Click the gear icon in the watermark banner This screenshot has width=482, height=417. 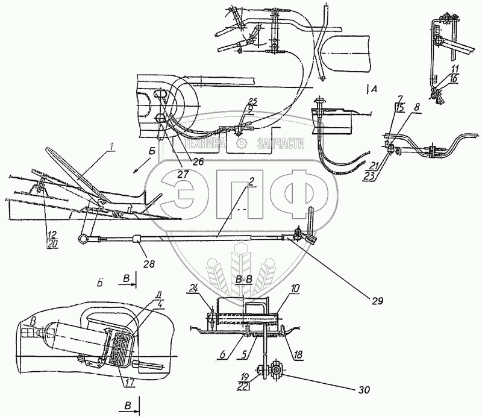tap(241, 143)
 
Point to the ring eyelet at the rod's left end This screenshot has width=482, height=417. tap(81, 240)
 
